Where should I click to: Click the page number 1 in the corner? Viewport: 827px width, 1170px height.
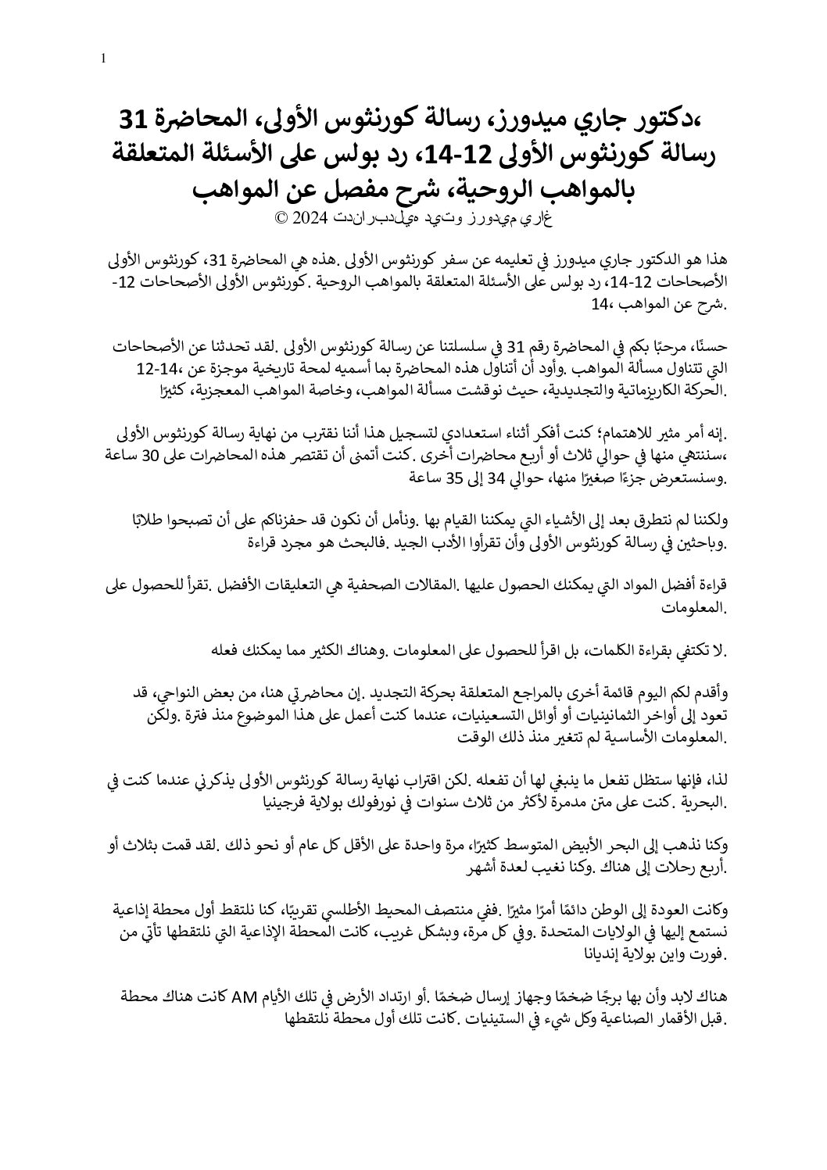pyautogui.click(x=105, y=59)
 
